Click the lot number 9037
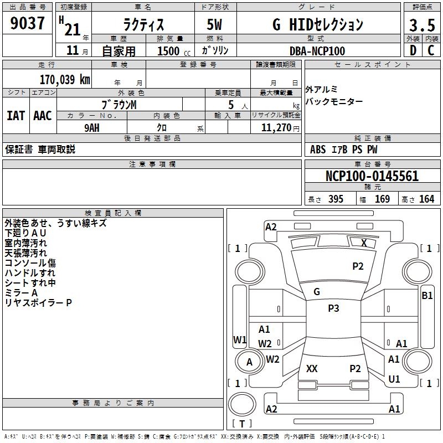(x=28, y=24)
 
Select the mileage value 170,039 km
(x=64, y=79)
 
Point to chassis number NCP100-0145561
(x=372, y=177)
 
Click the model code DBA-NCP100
(x=317, y=51)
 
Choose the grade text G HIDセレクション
(x=318, y=25)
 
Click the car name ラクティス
(x=142, y=25)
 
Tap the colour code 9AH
(x=92, y=128)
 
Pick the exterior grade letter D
(x=413, y=50)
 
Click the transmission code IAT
(x=16, y=116)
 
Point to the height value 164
(x=426, y=199)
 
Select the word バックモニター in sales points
(x=334, y=101)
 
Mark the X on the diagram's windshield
(x=364, y=243)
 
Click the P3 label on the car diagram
(x=333, y=308)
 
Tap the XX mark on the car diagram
(x=312, y=369)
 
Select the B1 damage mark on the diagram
(x=427, y=296)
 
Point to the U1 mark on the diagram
(x=394, y=379)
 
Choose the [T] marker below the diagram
(x=242, y=424)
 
